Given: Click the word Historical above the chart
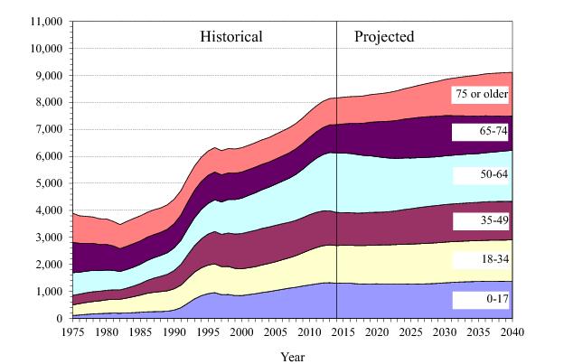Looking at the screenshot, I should tap(231, 37).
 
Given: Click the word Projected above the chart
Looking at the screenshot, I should tap(384, 37).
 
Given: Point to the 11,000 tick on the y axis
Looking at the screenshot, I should tap(42, 20).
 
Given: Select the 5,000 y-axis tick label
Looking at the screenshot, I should tap(46, 182).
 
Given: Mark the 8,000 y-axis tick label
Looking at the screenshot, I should tap(46, 101).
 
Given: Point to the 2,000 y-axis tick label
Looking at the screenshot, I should tap(46, 264).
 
